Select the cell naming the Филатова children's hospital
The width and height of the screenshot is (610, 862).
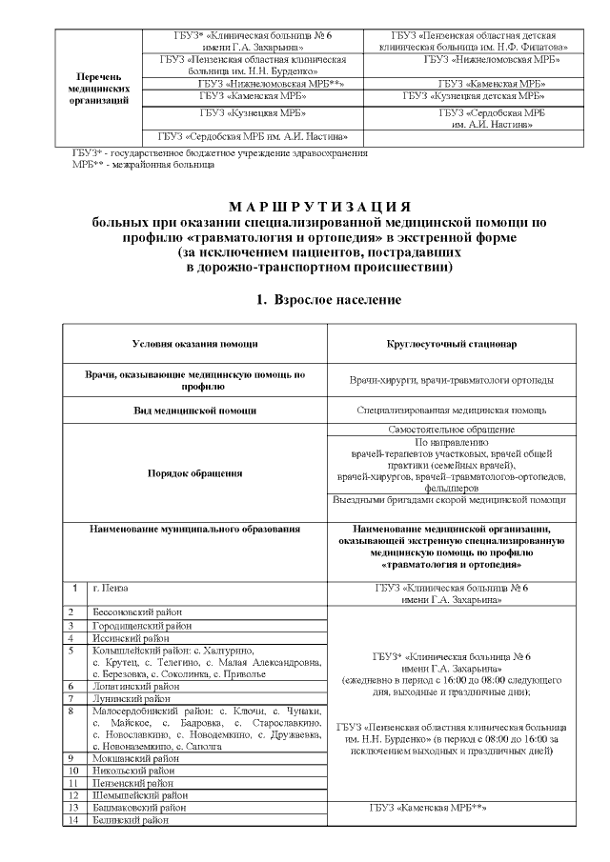473,40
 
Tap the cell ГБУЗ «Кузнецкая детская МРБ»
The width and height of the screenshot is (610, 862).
474,96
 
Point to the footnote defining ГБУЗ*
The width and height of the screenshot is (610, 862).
218,152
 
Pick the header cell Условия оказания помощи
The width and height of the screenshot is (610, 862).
194,344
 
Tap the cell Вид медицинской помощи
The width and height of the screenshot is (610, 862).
194,411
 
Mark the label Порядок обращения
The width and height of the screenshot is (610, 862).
194,472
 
